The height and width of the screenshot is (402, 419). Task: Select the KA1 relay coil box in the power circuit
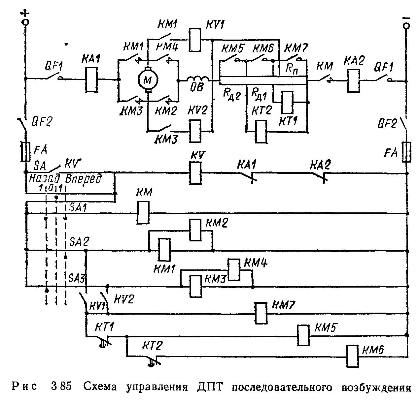pos(91,79)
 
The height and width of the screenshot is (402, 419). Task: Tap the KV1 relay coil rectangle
pos(195,40)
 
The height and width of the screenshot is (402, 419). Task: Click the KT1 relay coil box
pos(287,102)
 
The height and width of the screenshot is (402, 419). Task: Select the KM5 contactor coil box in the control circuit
pos(303,336)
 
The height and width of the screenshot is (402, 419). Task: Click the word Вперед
pos(83,179)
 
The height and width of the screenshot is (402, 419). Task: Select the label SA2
pos(79,242)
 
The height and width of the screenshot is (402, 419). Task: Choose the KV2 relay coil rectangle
pos(195,131)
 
